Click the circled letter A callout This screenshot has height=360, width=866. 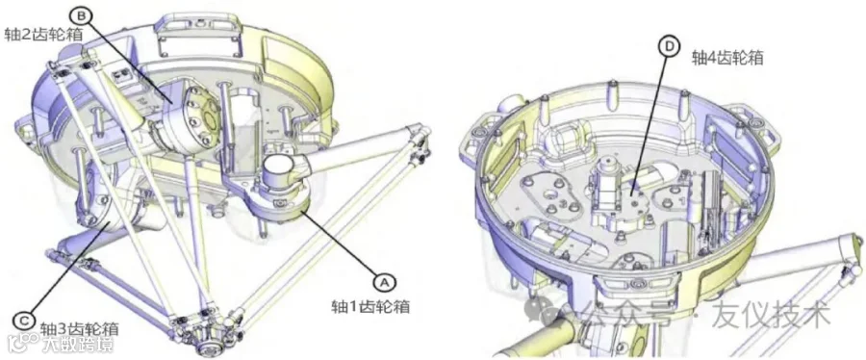(384, 282)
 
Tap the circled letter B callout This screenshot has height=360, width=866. (80, 15)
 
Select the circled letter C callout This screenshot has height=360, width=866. (23, 320)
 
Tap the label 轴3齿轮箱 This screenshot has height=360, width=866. (79, 329)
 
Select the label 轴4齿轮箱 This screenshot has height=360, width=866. (728, 59)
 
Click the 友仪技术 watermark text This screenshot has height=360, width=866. (771, 316)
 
